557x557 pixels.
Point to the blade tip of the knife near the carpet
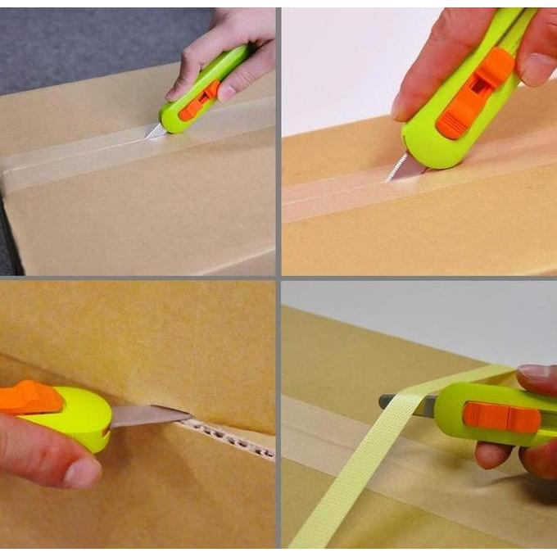pos(152,133)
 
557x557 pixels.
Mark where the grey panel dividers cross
pos(278,278)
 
